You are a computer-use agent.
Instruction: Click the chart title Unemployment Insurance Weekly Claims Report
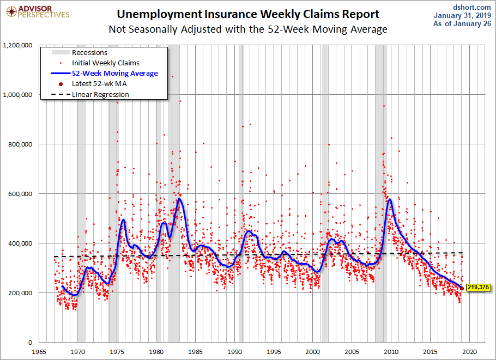[248, 14]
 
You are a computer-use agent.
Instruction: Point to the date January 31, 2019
[462, 15]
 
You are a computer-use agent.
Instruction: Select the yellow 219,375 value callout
[477, 287]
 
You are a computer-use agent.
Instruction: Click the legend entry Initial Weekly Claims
[106, 63]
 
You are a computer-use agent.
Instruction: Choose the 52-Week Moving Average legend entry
[115, 73]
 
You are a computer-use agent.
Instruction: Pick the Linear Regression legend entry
[100, 94]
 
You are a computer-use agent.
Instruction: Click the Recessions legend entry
[89, 52]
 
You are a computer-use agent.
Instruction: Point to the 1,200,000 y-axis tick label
[18, 45]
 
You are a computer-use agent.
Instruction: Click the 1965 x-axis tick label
[38, 351]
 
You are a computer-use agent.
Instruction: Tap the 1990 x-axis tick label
[234, 351]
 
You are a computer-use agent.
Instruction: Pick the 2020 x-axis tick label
[470, 351]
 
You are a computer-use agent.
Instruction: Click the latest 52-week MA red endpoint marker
[462, 288]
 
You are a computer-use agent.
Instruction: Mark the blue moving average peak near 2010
[390, 199]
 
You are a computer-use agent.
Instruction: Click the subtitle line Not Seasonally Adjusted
[248, 29]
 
